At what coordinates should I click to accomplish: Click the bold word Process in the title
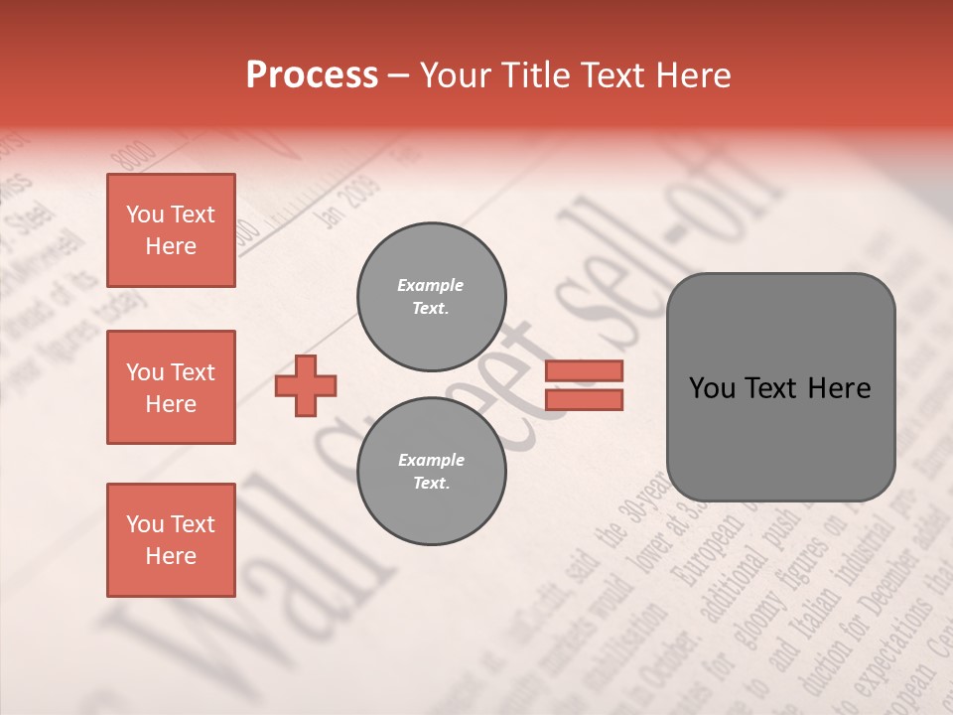(312, 75)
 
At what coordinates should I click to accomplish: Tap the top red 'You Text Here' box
(171, 230)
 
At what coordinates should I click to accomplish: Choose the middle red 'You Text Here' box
(171, 387)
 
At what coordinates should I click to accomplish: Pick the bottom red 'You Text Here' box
(171, 540)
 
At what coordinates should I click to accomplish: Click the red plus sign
(306, 385)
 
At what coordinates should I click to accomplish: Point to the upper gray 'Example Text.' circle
(431, 297)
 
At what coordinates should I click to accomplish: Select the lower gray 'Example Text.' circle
(431, 472)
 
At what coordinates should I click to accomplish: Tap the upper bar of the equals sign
(584, 370)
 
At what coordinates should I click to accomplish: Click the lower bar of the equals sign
(584, 399)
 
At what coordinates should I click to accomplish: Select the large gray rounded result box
(780, 387)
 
